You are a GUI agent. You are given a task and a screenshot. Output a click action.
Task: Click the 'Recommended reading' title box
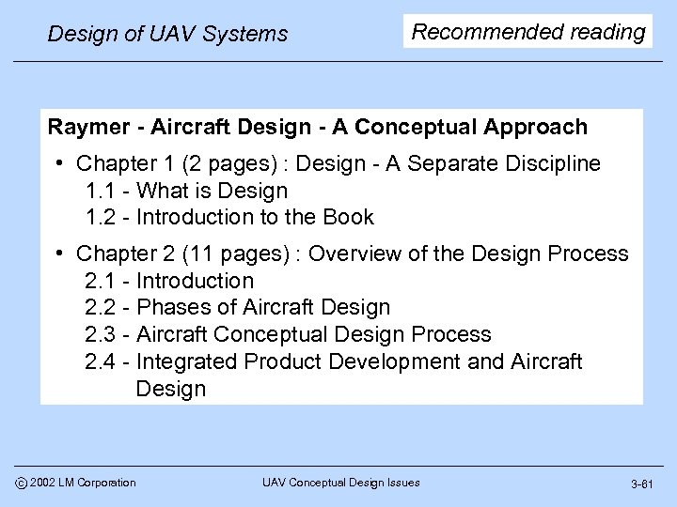(x=528, y=33)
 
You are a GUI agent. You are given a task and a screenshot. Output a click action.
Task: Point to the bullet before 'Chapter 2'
(x=59, y=253)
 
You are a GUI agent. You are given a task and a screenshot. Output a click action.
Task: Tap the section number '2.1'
(x=102, y=281)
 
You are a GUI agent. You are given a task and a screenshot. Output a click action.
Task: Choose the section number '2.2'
(x=102, y=308)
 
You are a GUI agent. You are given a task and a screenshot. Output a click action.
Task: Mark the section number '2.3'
(x=102, y=335)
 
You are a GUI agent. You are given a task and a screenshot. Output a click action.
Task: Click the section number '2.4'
(x=102, y=362)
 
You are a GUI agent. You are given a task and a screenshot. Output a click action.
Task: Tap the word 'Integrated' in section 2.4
(x=194, y=362)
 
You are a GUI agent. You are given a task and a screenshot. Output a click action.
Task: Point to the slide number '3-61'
(x=641, y=484)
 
